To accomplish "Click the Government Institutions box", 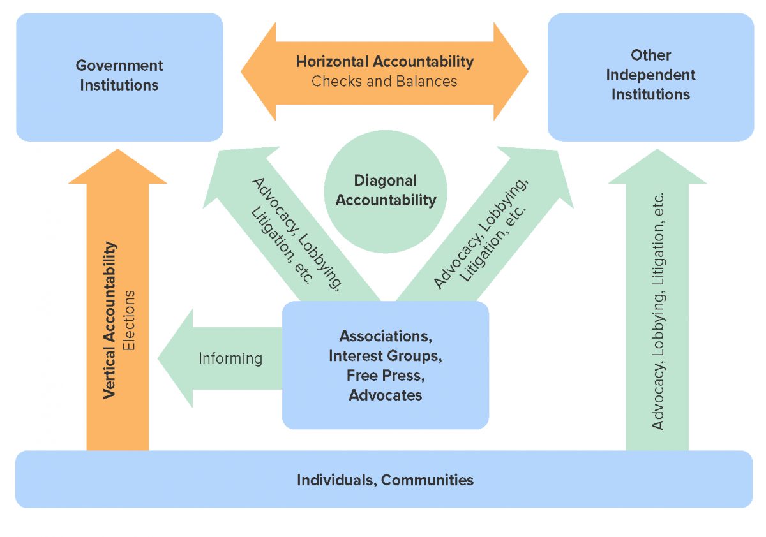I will click(x=119, y=77).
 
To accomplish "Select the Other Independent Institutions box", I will click(x=650, y=77).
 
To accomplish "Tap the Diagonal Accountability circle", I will click(x=386, y=191).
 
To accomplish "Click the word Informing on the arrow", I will click(x=230, y=358).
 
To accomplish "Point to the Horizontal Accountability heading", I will click(x=384, y=62).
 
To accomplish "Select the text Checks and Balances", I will click(x=384, y=82).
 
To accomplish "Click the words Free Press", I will click(x=385, y=375).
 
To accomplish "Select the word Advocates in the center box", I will click(x=385, y=395).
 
